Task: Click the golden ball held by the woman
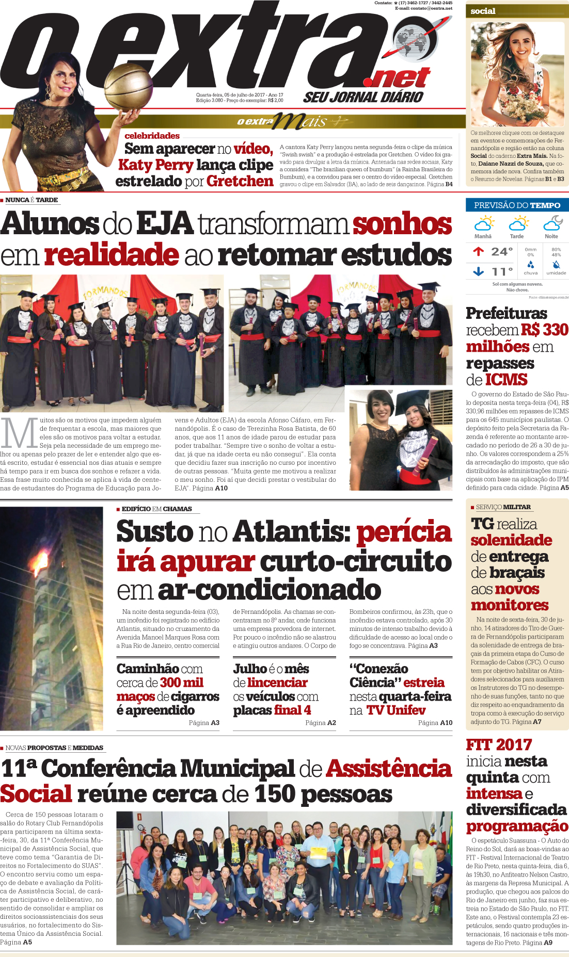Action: pos(129,87)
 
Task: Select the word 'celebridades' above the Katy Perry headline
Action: pos(152,136)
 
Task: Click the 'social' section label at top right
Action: pos(483,11)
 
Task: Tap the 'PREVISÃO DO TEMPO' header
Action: pos(517,205)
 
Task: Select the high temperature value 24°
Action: pos(501,252)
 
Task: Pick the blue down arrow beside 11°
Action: pos(478,271)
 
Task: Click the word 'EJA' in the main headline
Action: pos(164,224)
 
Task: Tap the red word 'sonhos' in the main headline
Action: pos(402,224)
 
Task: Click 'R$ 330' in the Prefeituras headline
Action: pos(544,330)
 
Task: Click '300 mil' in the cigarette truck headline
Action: pos(182,683)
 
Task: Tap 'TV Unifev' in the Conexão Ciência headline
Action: pos(396,710)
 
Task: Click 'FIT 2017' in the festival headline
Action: pos(499,745)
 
